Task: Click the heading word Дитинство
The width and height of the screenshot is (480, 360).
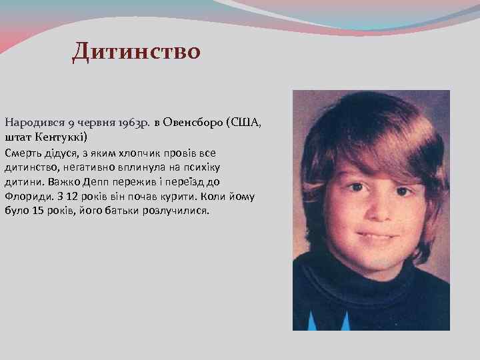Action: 136,51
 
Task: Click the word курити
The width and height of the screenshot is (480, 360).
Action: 173,196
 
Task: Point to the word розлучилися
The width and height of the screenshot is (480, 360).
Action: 177,211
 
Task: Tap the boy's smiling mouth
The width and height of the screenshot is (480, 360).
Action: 375,237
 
